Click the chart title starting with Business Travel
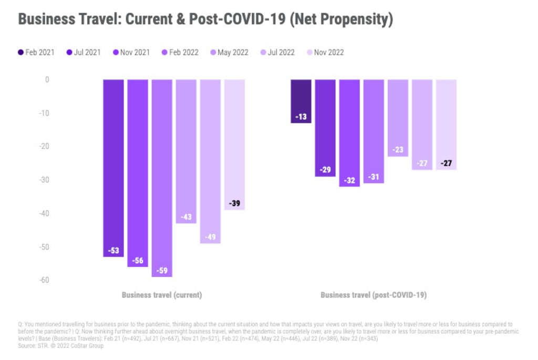pyautogui.click(x=205, y=19)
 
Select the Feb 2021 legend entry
pyautogui.click(x=36, y=53)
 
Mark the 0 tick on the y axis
pyautogui.click(x=47, y=80)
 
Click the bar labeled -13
pyautogui.click(x=301, y=101)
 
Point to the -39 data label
pyautogui.click(x=234, y=203)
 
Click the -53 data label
pyautogui.click(x=113, y=250)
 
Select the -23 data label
pyautogui.click(x=398, y=150)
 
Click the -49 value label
pyautogui.click(x=210, y=236)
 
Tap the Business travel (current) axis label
pyautogui.click(x=162, y=295)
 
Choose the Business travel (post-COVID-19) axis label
pyautogui.click(x=374, y=295)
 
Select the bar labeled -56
pyautogui.click(x=138, y=173)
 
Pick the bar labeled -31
pyautogui.click(x=374, y=131)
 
